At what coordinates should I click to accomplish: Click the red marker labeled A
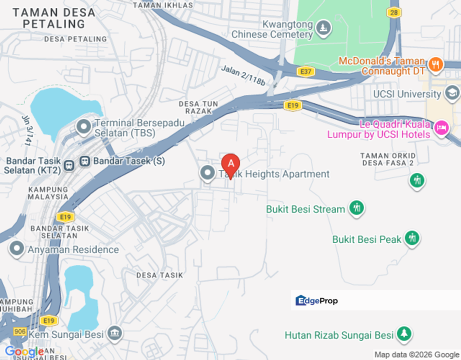click(x=230, y=164)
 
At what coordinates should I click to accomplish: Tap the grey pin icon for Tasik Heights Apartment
click(x=207, y=173)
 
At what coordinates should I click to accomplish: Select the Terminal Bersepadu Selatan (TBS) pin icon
click(x=83, y=127)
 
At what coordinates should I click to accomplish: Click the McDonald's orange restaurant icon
click(x=435, y=64)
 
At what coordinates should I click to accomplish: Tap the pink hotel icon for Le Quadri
click(x=441, y=128)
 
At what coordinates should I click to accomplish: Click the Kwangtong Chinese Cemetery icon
click(x=324, y=28)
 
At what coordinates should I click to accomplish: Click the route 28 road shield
click(x=394, y=12)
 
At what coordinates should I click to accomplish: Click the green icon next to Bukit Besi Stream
click(x=356, y=207)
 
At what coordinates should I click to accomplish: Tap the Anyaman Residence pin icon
click(x=17, y=248)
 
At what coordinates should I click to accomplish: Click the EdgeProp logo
click(x=316, y=300)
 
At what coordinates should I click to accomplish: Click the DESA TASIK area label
click(x=159, y=275)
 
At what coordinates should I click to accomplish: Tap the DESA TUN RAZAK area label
click(x=198, y=107)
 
